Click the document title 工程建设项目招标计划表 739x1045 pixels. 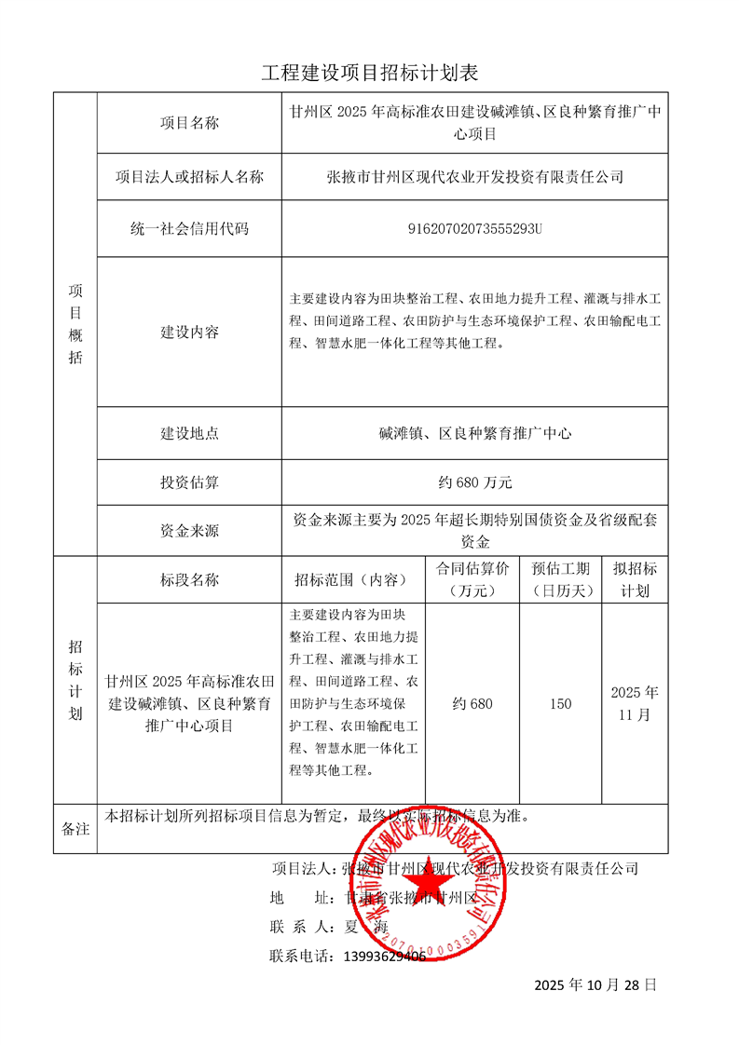click(x=369, y=73)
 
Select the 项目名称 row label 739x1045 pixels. click(x=189, y=123)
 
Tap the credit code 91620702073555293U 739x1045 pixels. click(x=475, y=228)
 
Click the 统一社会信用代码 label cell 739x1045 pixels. click(x=189, y=228)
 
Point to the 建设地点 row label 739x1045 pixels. click(x=189, y=433)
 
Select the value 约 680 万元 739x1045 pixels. click(x=475, y=482)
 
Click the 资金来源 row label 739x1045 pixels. click(x=189, y=531)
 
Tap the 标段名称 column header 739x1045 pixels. click(x=189, y=579)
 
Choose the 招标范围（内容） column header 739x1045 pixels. click(x=351, y=579)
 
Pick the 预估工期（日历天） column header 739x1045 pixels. click(x=561, y=579)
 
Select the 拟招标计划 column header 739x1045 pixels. click(x=635, y=579)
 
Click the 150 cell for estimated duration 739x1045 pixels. click(x=561, y=704)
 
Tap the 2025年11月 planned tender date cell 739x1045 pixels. click(x=635, y=704)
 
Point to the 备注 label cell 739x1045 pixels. click(x=75, y=828)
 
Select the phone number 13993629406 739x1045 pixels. click(x=385, y=956)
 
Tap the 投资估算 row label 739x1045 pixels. click(x=189, y=482)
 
